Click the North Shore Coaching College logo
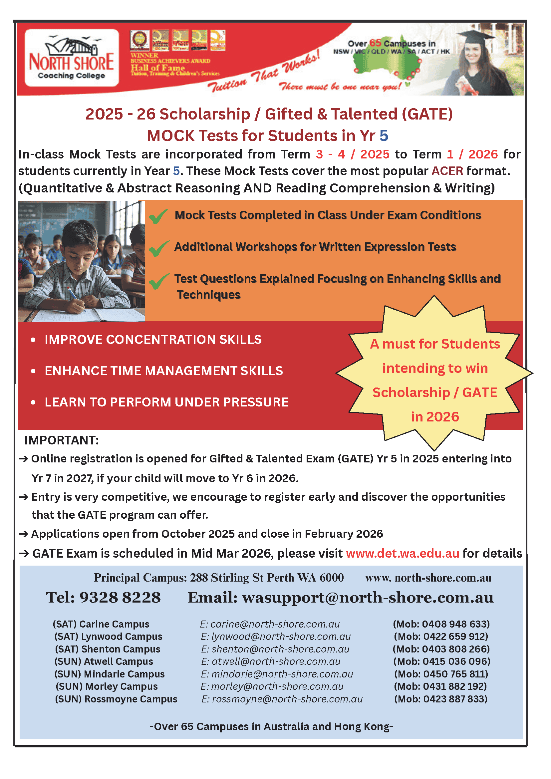tap(72, 58)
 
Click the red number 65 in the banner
tap(375, 43)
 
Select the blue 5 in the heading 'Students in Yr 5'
tap(384, 136)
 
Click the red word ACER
tap(447, 171)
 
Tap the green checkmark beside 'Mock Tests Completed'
tap(158, 216)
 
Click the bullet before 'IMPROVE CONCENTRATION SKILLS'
tap(33, 340)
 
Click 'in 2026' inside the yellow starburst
tap(434, 417)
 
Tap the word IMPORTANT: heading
tap(61, 440)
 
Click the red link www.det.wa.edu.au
tap(403, 553)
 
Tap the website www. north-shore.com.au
tap(428, 578)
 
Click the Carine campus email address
tap(270, 624)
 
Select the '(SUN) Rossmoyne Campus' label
tap(116, 699)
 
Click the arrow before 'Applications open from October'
tap(23, 534)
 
